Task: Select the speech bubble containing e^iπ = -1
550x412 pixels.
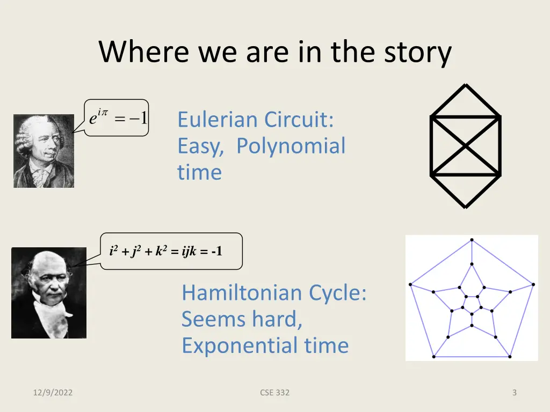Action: tap(117, 117)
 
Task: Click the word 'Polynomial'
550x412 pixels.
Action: tap(291, 146)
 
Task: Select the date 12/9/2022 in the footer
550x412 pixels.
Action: tap(52, 393)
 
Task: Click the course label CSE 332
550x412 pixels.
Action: tap(274, 393)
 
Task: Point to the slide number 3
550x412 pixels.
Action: tap(514, 393)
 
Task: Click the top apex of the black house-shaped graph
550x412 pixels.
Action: tap(465, 85)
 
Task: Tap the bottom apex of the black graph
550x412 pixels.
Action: tap(465, 207)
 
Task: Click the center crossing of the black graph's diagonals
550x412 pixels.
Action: tap(465, 145)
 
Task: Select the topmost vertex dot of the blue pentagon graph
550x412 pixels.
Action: tap(472, 240)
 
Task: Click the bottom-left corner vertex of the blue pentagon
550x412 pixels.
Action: tap(433, 356)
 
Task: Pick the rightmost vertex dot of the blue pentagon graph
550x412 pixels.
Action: tap(533, 284)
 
